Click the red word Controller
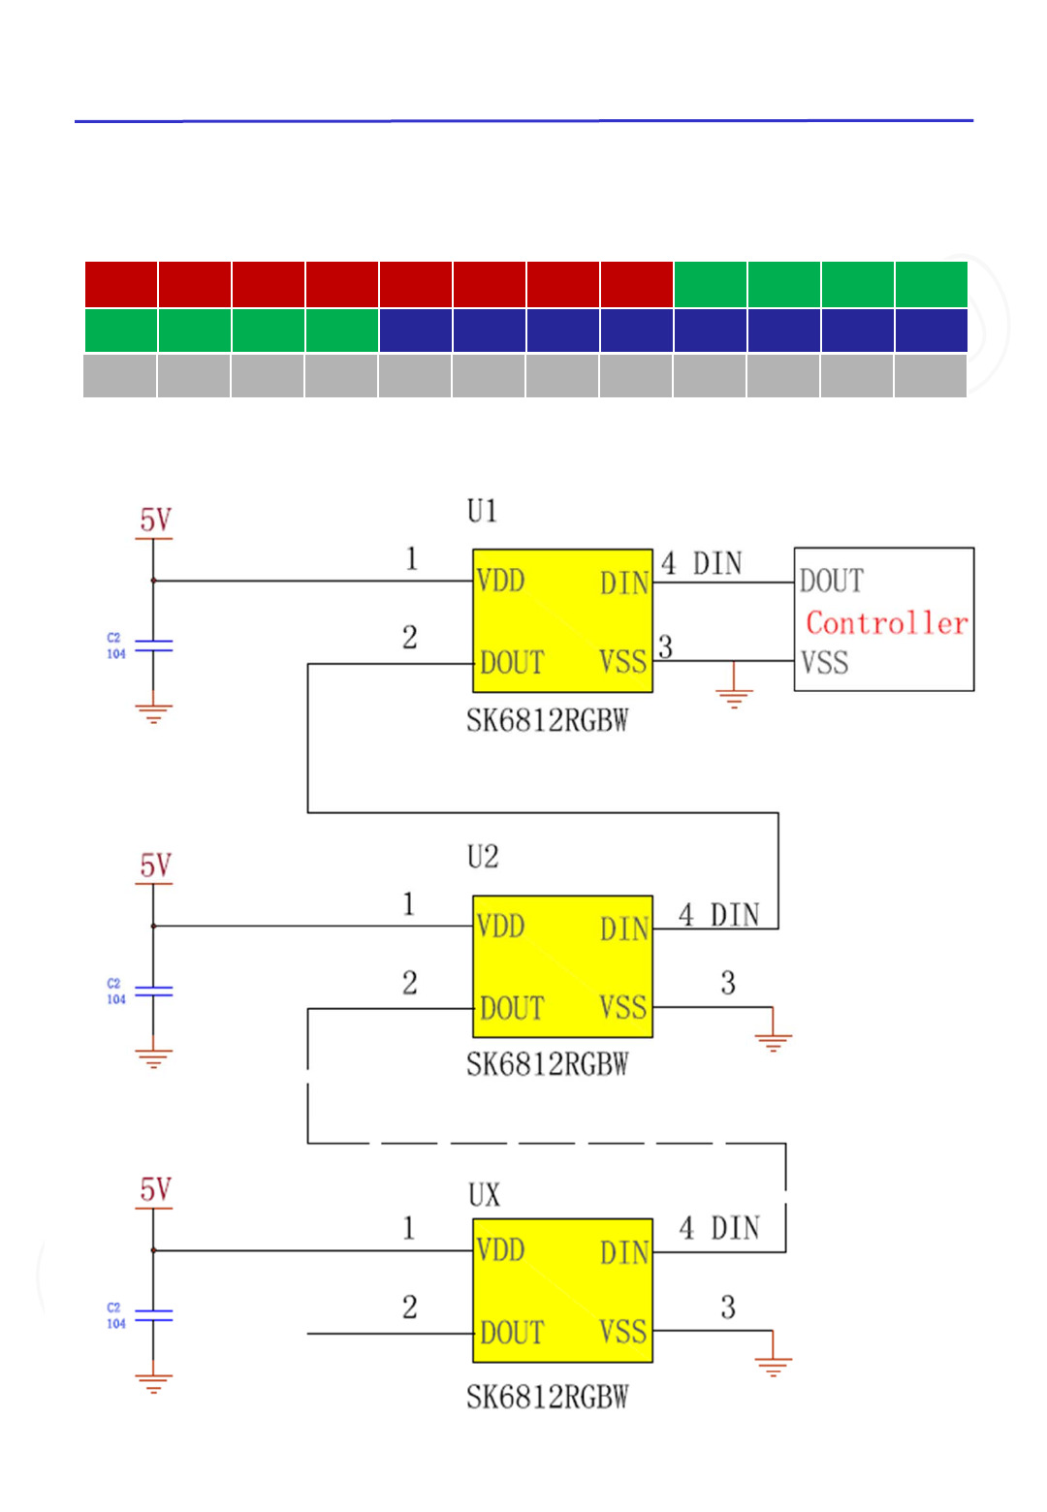pyautogui.click(x=886, y=622)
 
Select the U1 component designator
pyautogui.click(x=482, y=511)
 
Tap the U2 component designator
pyautogui.click(x=482, y=857)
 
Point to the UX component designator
pyautogui.click(x=484, y=1195)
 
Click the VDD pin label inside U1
pyautogui.click(x=500, y=581)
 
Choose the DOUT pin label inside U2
pyautogui.click(x=512, y=1008)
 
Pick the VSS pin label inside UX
pyautogui.click(x=622, y=1332)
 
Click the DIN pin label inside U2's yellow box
pyautogui.click(x=623, y=929)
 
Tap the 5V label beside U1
pyautogui.click(x=155, y=520)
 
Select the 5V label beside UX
pyautogui.click(x=155, y=1190)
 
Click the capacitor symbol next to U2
pyautogui.click(x=153, y=992)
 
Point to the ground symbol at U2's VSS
pyautogui.click(x=773, y=1041)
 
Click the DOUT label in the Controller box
pyautogui.click(x=831, y=581)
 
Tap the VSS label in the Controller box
pyautogui.click(x=824, y=663)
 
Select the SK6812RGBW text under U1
pyautogui.click(x=547, y=721)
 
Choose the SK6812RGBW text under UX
pyautogui.click(x=547, y=1397)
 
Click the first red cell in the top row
pyautogui.click(x=121, y=284)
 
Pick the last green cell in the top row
pyautogui.click(x=931, y=284)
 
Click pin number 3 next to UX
pyautogui.click(x=728, y=1307)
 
